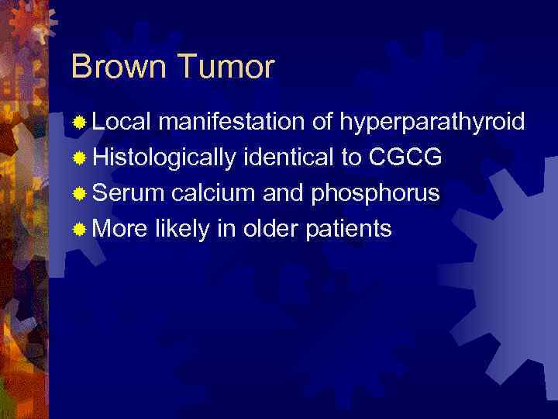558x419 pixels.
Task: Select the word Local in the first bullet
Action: point(124,122)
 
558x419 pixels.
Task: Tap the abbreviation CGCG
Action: point(405,158)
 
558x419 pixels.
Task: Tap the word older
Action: point(265,230)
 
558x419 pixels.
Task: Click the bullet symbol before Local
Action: point(78,123)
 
